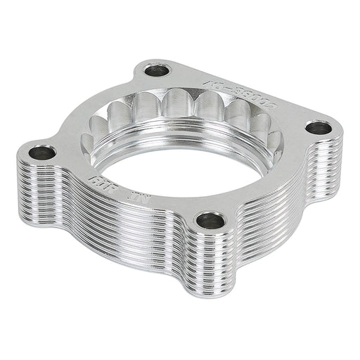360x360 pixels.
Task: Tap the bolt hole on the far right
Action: pos(319,129)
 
